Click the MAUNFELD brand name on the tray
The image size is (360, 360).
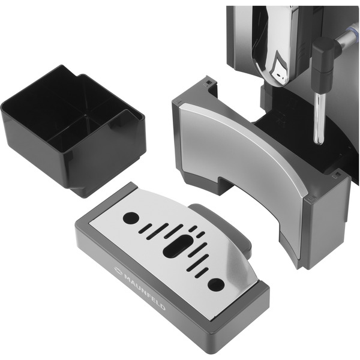145,291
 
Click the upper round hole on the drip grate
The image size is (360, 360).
131,218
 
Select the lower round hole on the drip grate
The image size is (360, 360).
216,284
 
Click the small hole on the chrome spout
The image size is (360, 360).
278,75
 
